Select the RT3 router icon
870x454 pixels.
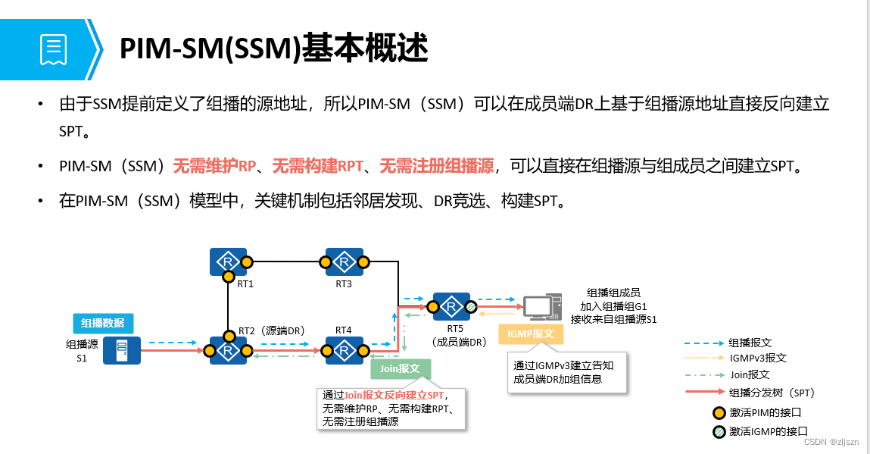click(x=344, y=262)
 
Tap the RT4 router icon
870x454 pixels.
click(x=345, y=350)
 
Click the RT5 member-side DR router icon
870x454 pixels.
click(x=451, y=307)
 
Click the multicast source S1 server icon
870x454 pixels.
click(x=117, y=350)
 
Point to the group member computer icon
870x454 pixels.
click(x=541, y=307)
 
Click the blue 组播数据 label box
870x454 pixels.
click(x=104, y=323)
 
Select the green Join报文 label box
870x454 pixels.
click(x=400, y=369)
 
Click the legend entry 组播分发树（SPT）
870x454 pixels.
click(x=772, y=393)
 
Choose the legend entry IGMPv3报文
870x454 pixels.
click(x=757, y=358)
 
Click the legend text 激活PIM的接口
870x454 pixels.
click(x=765, y=412)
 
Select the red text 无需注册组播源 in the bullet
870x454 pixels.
click(x=436, y=166)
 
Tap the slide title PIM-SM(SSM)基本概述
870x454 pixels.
click(x=274, y=49)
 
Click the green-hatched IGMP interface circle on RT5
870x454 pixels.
click(x=470, y=307)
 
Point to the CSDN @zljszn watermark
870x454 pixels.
click(x=831, y=442)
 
